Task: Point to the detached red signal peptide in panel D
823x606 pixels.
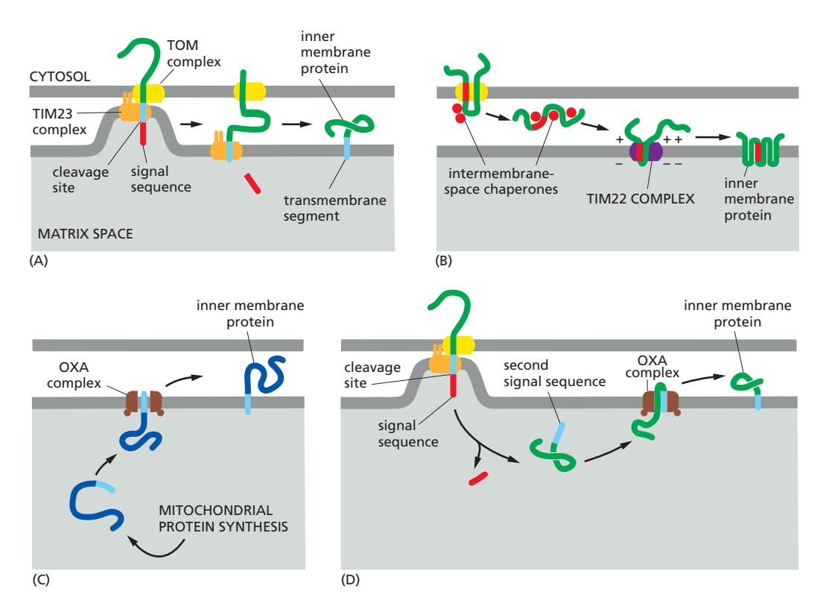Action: (x=477, y=479)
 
